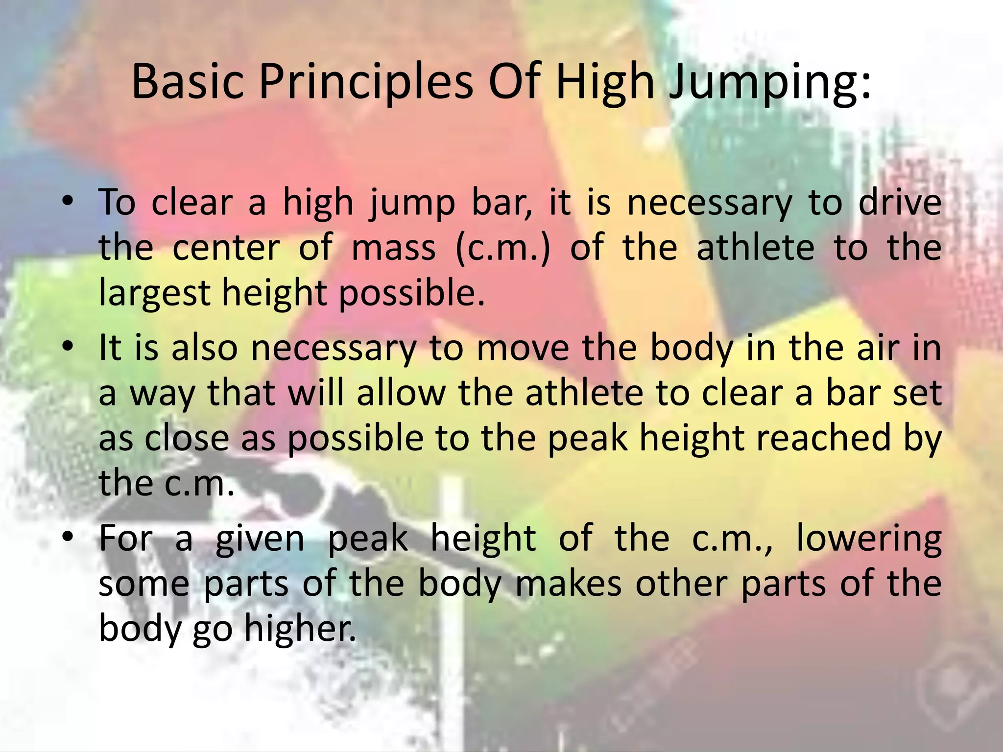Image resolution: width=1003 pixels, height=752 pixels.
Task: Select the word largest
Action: click(154, 293)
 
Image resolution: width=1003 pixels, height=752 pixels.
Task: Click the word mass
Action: click(394, 248)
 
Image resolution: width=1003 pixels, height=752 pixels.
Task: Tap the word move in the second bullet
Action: click(523, 348)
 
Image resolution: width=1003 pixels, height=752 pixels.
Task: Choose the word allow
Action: click(401, 393)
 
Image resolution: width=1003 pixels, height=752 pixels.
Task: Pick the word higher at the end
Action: click(300, 629)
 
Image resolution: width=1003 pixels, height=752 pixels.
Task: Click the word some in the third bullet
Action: click(144, 584)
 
